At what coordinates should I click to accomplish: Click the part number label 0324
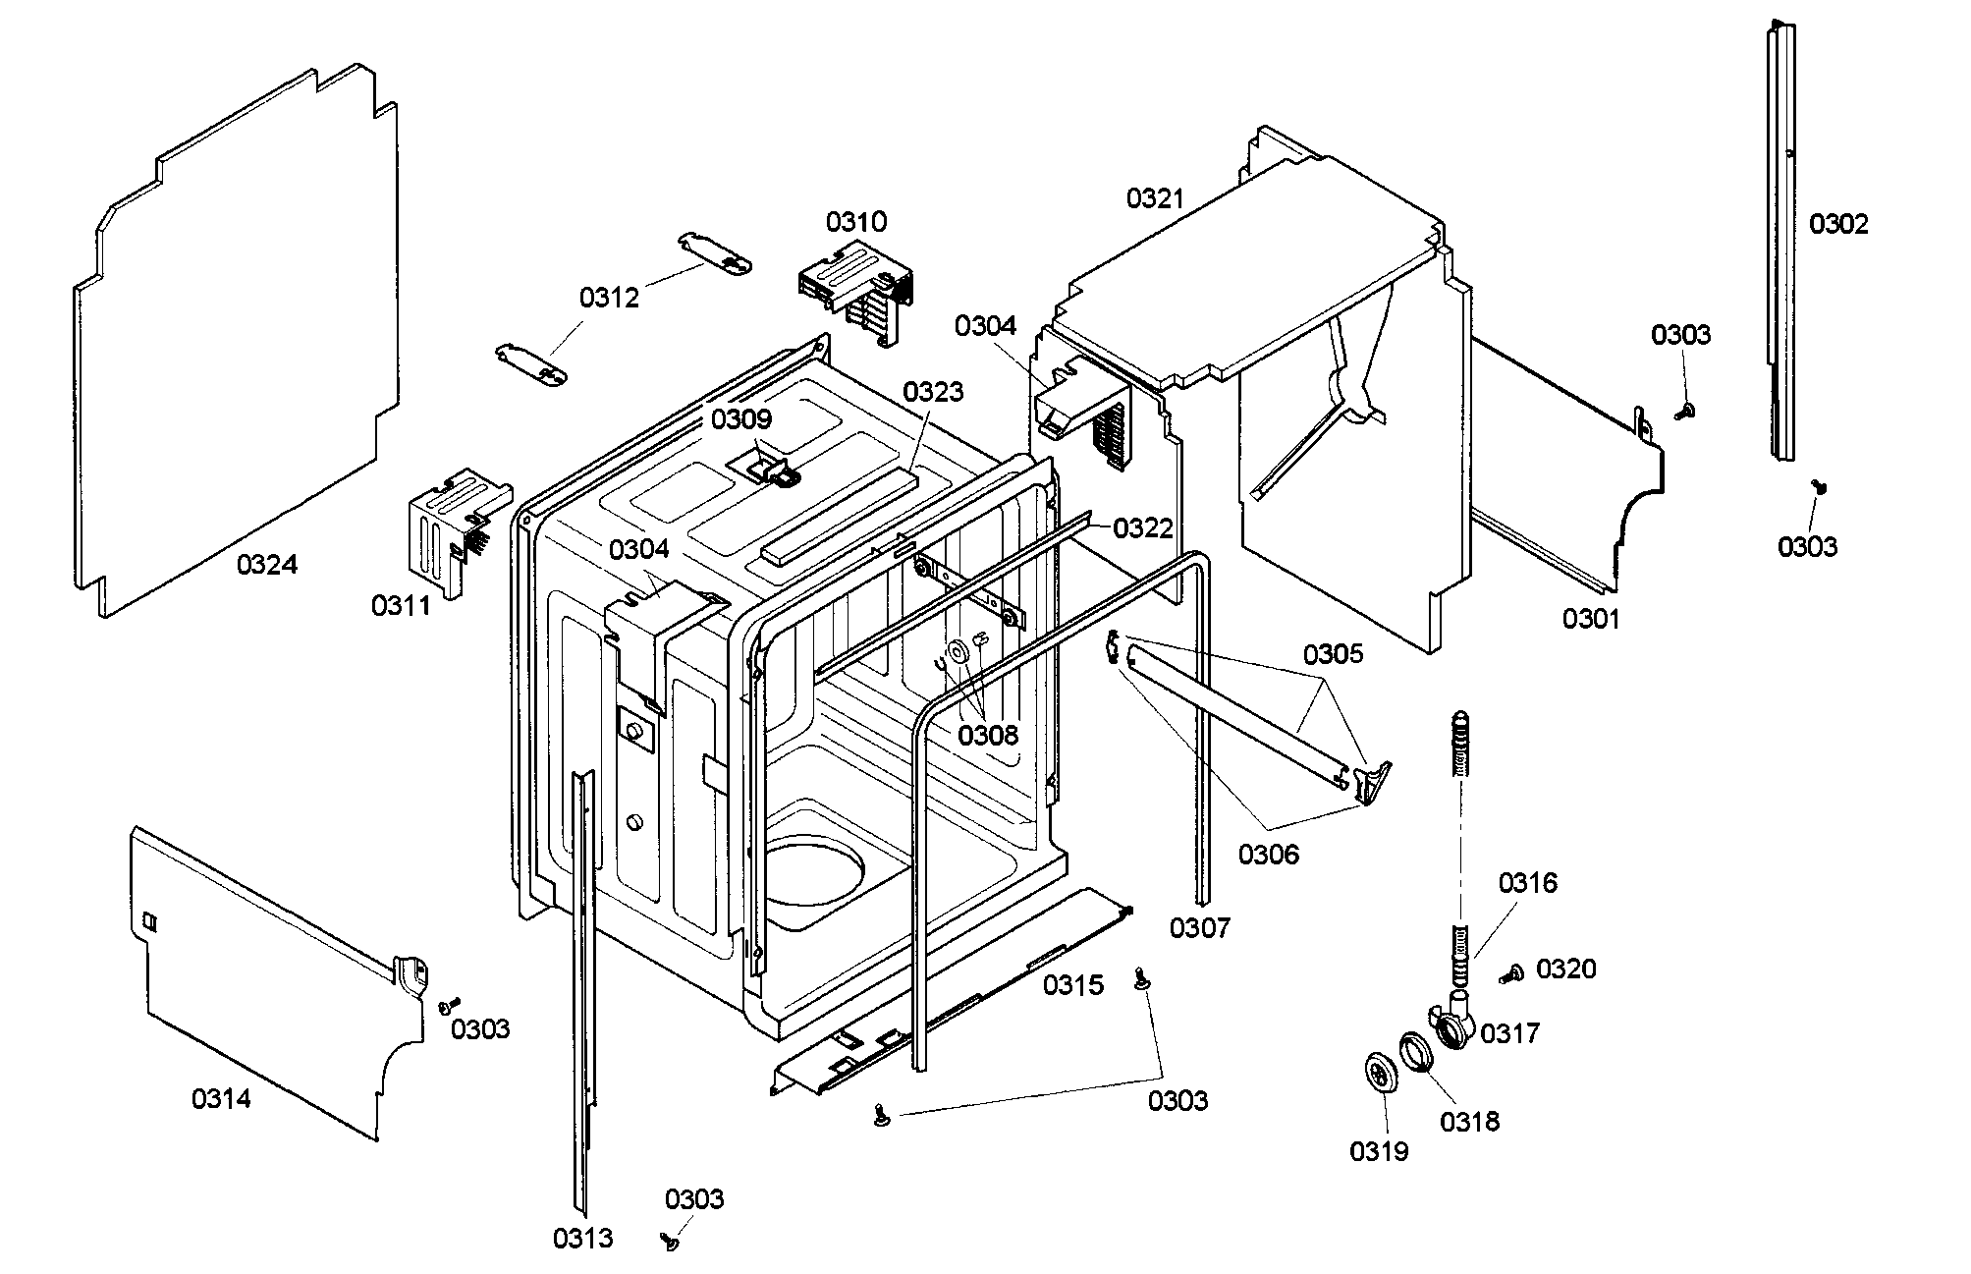[267, 565]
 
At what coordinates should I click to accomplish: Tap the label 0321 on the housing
[1156, 199]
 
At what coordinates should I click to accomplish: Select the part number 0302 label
[1838, 225]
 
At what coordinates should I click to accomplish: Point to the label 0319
[1379, 1151]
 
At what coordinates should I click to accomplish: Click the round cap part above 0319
[1381, 1073]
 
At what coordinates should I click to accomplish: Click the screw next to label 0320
[1511, 973]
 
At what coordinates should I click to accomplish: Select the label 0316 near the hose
[1527, 883]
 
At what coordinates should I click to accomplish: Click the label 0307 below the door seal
[1200, 927]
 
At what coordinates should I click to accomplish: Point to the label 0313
[582, 1239]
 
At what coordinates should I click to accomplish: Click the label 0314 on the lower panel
[221, 1098]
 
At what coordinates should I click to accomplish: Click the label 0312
[609, 298]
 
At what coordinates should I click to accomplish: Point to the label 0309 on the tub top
[741, 419]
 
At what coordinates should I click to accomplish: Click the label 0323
[933, 392]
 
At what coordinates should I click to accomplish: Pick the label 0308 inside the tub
[988, 735]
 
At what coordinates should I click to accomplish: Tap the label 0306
[1268, 855]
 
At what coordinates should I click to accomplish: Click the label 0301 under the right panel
[1591, 619]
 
